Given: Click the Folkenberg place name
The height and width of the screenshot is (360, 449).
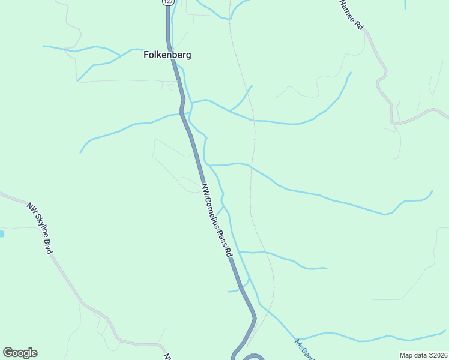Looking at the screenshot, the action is click(167, 55).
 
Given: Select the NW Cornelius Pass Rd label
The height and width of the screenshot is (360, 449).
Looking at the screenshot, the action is click(217, 220).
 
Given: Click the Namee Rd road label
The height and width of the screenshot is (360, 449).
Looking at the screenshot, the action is click(352, 15).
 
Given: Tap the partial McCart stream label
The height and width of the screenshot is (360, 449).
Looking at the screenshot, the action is click(304, 350).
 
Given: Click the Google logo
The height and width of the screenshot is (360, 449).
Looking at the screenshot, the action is click(20, 353).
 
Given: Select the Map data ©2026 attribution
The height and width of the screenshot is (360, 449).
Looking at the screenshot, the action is click(423, 355).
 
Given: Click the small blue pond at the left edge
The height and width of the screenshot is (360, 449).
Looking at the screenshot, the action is click(2, 233).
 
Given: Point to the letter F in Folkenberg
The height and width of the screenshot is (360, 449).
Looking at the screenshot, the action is click(146, 55).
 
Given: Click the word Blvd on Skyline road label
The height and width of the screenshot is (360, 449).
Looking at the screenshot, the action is click(48, 245).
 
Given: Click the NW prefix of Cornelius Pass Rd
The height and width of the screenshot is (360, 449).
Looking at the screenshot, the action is click(206, 188).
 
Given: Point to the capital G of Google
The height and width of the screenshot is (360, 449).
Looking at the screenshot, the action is click(8, 353).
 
